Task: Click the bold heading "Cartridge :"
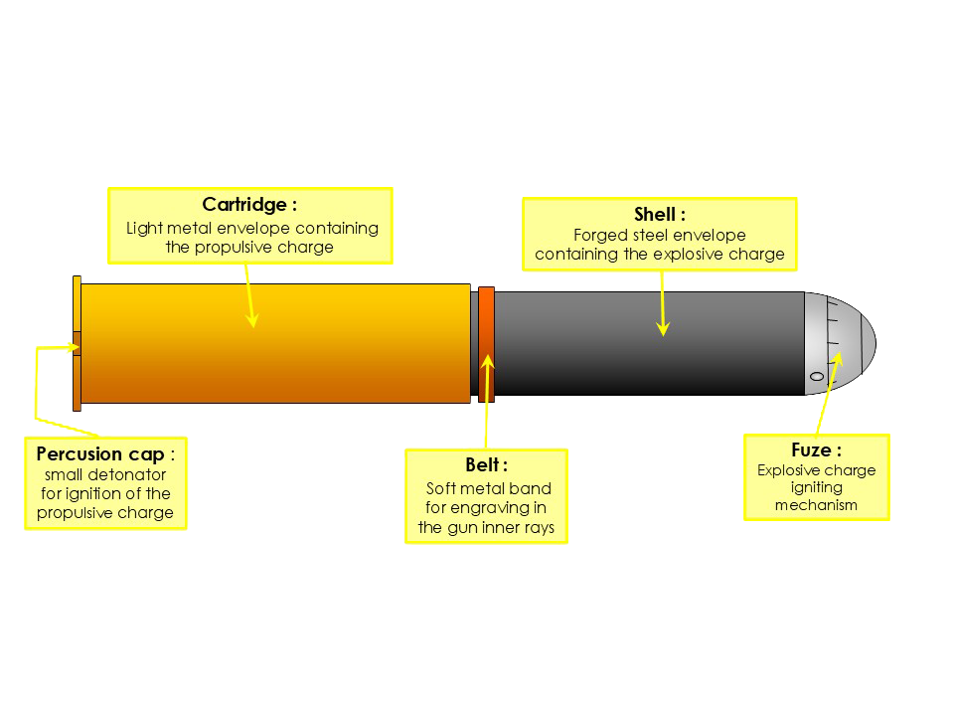point(249,205)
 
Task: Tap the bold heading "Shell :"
point(660,215)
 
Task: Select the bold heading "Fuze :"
point(816,450)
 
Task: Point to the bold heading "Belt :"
point(486,465)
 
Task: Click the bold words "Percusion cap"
point(99,454)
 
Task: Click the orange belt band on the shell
point(486,343)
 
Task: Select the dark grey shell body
point(646,343)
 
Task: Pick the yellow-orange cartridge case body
point(273,343)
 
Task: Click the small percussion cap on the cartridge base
point(77,348)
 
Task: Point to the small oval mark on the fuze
point(817,377)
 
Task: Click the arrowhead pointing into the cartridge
point(252,320)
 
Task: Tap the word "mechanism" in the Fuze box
point(816,505)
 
